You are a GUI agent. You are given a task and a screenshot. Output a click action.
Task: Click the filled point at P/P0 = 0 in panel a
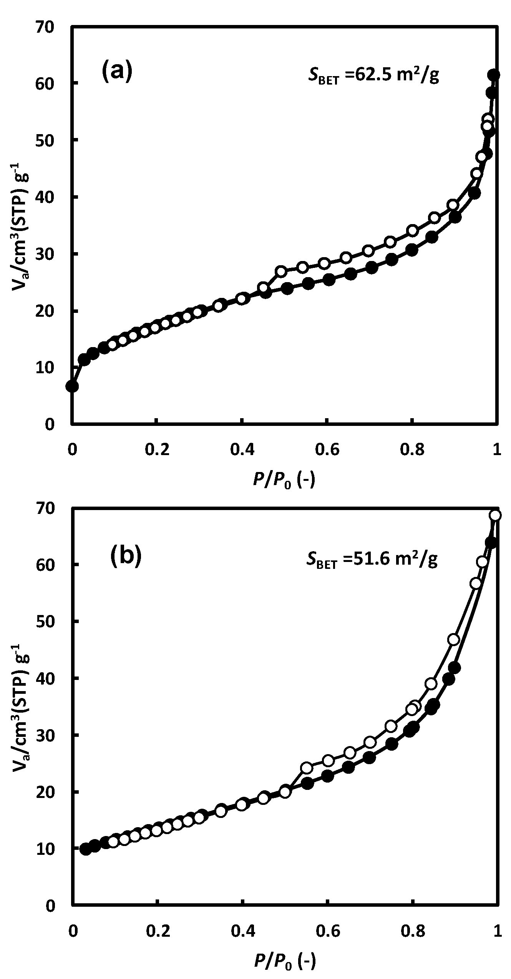[x=72, y=386]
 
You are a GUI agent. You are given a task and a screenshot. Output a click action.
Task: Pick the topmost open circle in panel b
[x=495, y=515]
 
